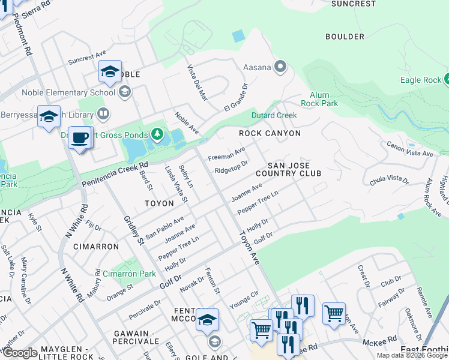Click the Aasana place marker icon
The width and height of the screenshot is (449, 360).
point(280,67)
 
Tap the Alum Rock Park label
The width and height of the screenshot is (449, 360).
point(324,99)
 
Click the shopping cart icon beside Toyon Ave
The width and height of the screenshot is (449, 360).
point(261,329)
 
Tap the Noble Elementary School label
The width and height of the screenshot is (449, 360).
point(68,92)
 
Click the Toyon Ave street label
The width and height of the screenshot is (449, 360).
point(250,247)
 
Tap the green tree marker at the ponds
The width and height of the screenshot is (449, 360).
point(157,133)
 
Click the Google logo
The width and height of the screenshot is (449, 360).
point(20,353)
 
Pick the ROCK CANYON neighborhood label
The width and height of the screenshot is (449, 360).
point(270,133)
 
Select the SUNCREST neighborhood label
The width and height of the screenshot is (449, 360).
point(354,4)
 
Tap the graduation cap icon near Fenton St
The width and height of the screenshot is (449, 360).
point(207,320)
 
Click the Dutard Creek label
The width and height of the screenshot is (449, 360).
point(274,115)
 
